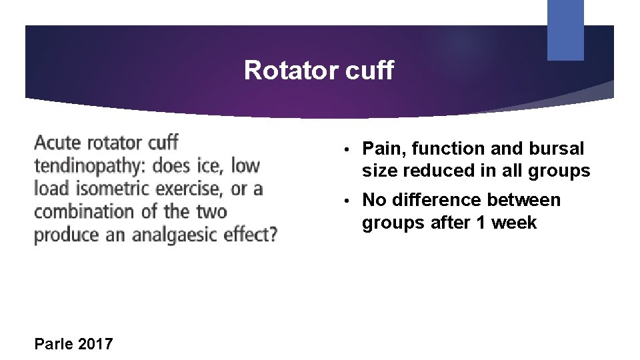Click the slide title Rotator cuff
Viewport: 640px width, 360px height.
[319, 70]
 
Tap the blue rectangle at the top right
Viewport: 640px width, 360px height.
[565, 29]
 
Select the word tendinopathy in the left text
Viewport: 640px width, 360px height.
[90, 166]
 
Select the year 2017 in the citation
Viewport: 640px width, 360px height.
[95, 344]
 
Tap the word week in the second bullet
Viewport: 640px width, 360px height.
[515, 222]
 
